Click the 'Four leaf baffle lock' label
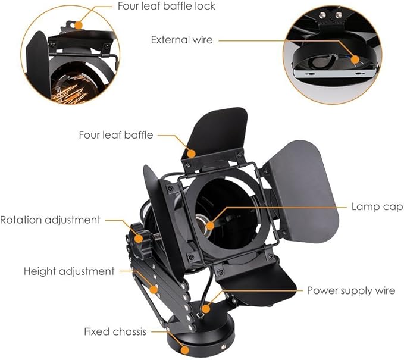(x=166, y=6)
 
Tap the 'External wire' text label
(x=182, y=40)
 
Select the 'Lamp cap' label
(x=377, y=207)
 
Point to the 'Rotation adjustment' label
(x=50, y=220)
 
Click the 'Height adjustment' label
(x=69, y=271)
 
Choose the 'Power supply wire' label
(x=351, y=291)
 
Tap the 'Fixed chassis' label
(x=115, y=331)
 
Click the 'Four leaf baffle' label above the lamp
(x=116, y=135)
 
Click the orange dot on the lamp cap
(x=210, y=226)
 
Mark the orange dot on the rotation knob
(x=139, y=239)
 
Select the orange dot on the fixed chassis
(x=184, y=350)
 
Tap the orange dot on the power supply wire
(x=206, y=309)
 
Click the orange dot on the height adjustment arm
(x=154, y=289)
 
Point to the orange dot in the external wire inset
(x=355, y=60)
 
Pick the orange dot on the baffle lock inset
(x=79, y=25)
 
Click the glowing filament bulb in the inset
(x=69, y=87)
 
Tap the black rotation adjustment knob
(x=139, y=240)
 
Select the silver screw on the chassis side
(x=223, y=347)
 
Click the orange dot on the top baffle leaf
(x=191, y=154)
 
